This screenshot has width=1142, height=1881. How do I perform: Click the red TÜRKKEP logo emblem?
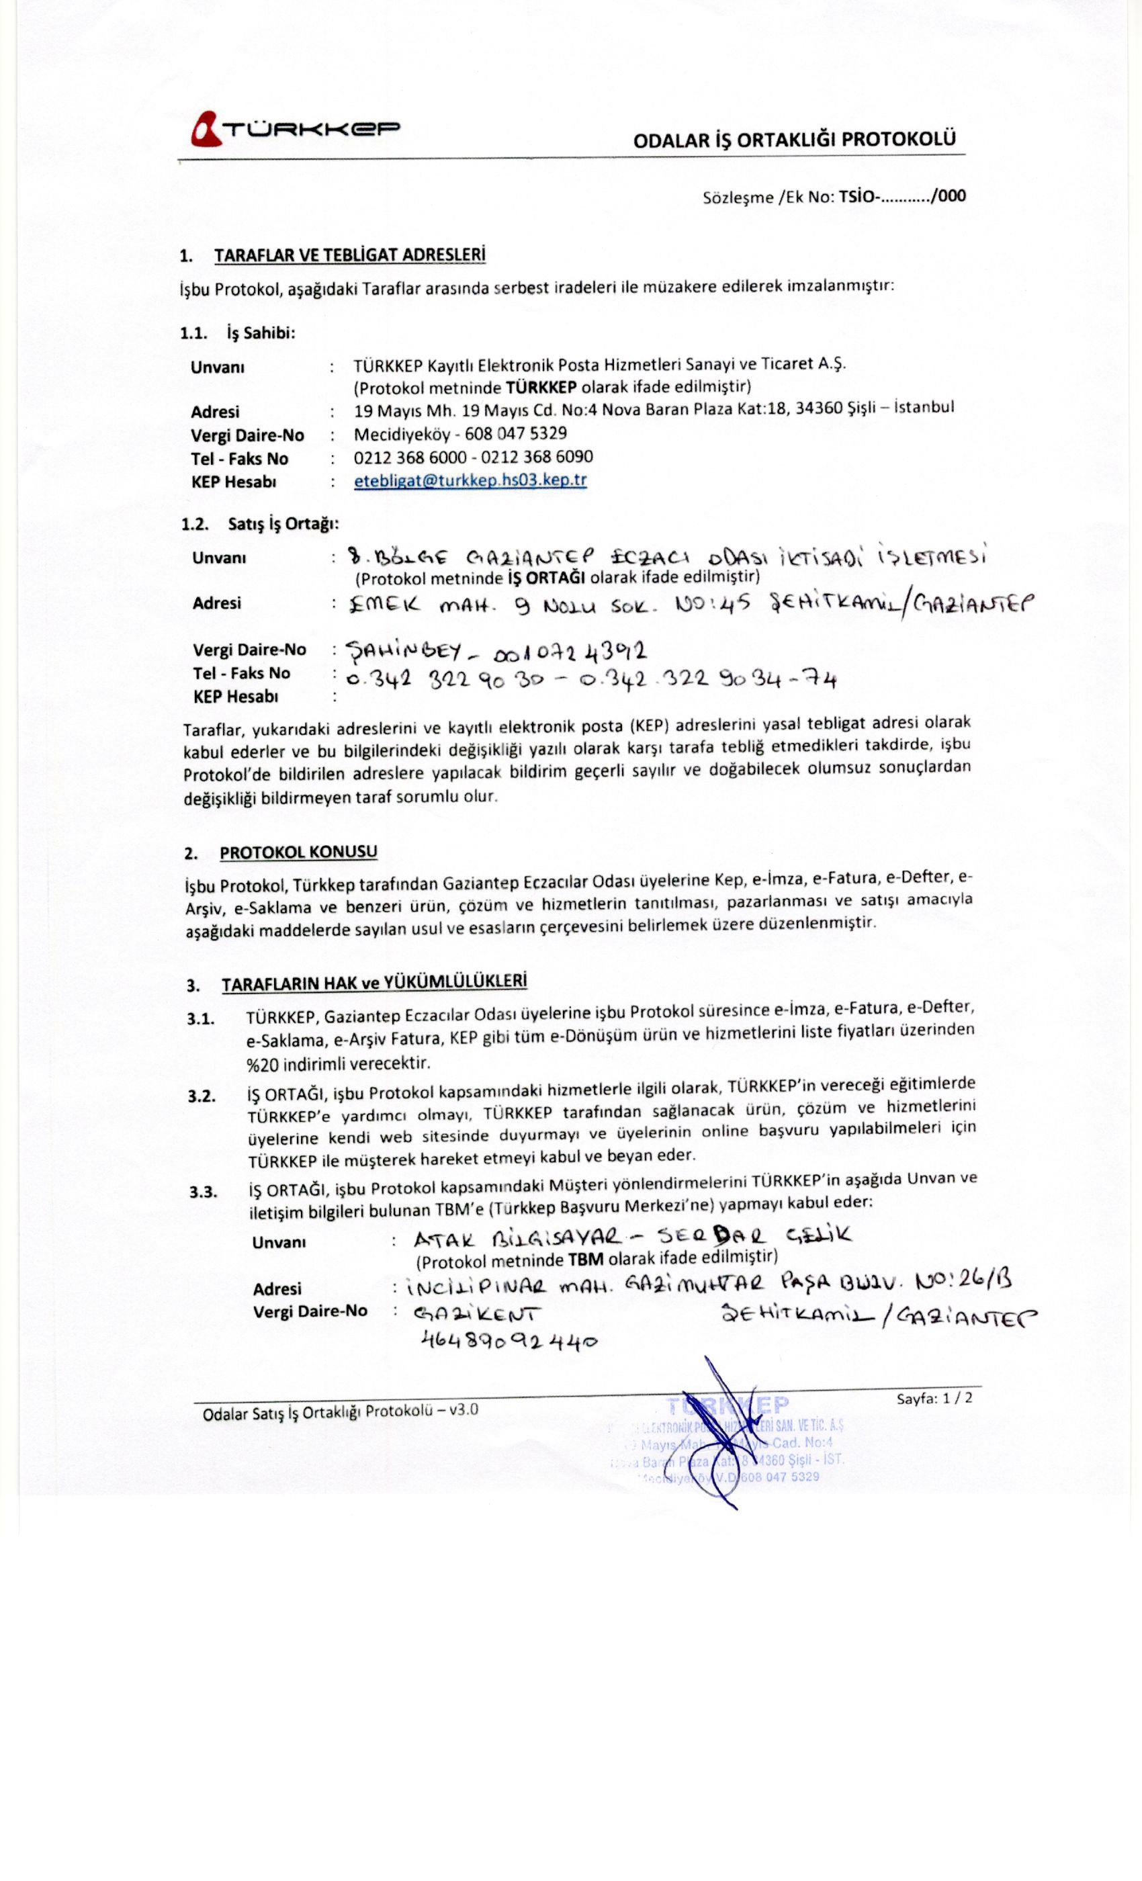tap(206, 128)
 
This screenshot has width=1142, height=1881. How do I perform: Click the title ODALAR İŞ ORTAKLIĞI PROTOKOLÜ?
tap(794, 140)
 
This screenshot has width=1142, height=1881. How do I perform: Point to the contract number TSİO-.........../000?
tap(902, 196)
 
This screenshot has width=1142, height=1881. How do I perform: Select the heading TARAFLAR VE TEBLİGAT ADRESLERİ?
tap(349, 255)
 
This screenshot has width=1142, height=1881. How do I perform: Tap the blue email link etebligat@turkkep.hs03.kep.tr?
tap(470, 480)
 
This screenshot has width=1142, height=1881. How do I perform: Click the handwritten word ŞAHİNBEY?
tap(403, 651)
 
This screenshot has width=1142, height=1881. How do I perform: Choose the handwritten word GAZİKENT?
tap(477, 1314)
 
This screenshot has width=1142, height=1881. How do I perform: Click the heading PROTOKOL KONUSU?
tap(298, 852)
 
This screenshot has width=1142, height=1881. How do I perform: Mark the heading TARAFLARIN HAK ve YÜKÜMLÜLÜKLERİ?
tap(374, 982)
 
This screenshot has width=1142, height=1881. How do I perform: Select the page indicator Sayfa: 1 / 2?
tap(934, 1398)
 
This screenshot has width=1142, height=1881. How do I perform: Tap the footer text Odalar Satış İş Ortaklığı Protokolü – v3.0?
tap(341, 1411)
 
